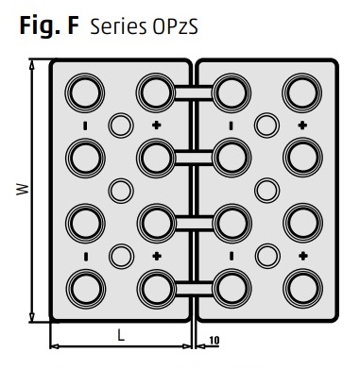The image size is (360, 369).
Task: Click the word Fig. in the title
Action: pos(40,26)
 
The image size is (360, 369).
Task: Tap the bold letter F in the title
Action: pos(73,25)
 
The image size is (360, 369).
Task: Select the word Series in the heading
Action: pos(118,26)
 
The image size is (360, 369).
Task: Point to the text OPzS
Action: pos(175,26)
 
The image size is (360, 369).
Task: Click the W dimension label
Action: pos(23,190)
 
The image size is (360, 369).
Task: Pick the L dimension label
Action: pos(121,335)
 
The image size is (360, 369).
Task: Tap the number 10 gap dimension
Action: pos(214,340)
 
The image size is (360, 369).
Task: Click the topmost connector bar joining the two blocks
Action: pos(194,93)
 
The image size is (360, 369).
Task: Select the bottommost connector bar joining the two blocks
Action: pos(194,289)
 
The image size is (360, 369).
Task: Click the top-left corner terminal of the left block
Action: pos(85,92)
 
